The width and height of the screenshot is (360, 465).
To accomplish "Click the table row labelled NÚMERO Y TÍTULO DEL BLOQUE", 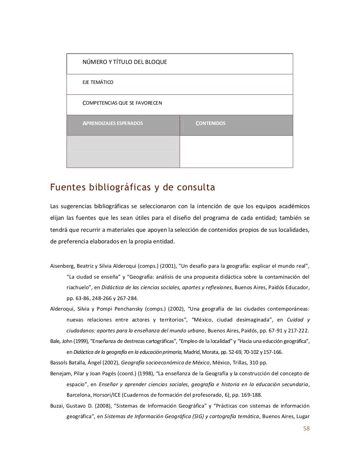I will coord(125,62).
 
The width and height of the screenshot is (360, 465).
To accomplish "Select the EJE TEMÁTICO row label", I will coord(98,82).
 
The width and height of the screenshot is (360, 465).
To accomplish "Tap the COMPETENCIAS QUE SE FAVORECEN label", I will coord(122,103).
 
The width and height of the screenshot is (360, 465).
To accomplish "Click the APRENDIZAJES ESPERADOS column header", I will coord(113,124).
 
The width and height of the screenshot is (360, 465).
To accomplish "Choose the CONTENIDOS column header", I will coord(211,124).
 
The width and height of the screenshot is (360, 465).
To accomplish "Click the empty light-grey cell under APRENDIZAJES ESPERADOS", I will coord(123,151).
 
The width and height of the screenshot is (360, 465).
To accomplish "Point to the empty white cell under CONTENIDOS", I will coord(236,151).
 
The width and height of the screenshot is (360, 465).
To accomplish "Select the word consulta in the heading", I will coord(196,187).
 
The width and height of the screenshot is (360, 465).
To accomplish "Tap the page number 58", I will coord(306,429).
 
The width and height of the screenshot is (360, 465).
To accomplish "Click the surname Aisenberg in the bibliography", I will coord(61,266).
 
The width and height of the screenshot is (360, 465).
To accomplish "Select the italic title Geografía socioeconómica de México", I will coord(165,363).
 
